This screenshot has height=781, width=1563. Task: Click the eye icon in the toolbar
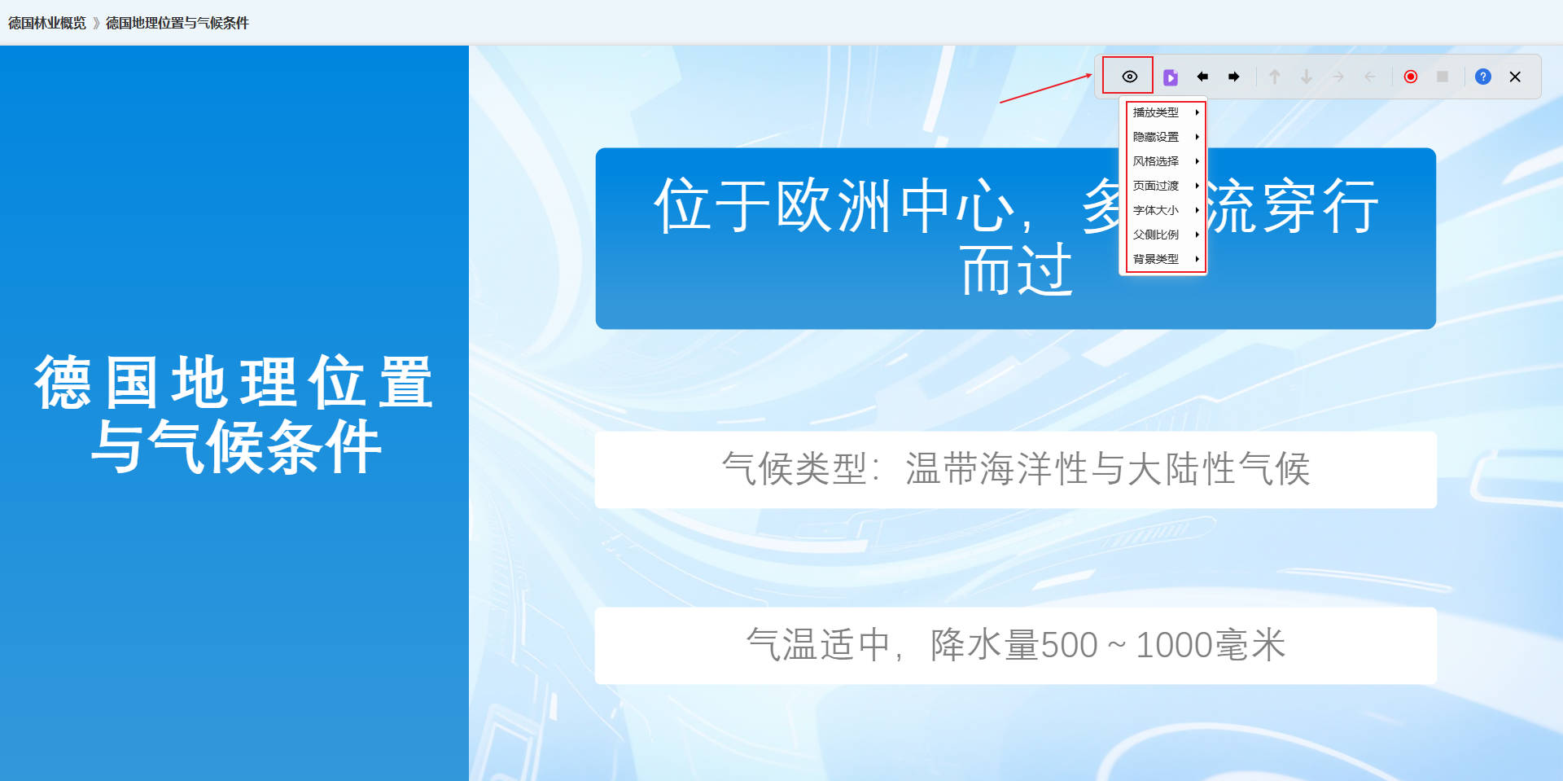[x=1129, y=77]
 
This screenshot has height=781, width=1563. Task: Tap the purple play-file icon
[x=1171, y=77]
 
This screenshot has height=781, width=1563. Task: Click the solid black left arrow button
[x=1202, y=77]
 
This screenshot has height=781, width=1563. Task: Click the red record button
[x=1411, y=77]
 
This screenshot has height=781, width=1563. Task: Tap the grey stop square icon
[x=1443, y=77]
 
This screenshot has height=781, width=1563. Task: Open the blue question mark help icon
[x=1483, y=77]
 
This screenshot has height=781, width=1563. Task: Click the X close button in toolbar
[x=1515, y=77]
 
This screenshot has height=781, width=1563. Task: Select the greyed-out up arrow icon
[x=1275, y=77]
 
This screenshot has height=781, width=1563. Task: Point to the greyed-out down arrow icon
[x=1307, y=77]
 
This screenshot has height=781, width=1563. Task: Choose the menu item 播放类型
[x=1156, y=112]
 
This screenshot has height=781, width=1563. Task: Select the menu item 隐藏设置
[x=1156, y=137]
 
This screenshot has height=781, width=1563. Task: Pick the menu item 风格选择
[x=1156, y=161]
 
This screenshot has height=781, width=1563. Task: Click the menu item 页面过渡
[x=1156, y=186]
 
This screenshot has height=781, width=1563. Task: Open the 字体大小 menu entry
[x=1156, y=210]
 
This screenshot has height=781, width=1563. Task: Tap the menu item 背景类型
[x=1156, y=259]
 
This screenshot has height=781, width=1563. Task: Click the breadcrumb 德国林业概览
[x=47, y=23]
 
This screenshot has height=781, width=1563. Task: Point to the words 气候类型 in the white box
[x=795, y=469]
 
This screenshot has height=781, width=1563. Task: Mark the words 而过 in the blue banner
[x=1017, y=270]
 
